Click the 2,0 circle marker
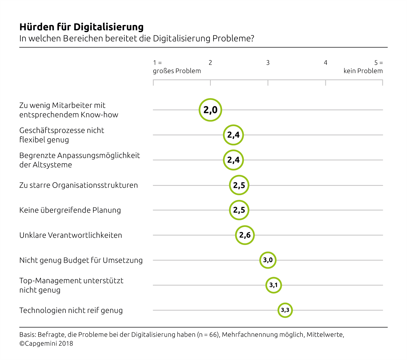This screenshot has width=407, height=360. (x=210, y=110)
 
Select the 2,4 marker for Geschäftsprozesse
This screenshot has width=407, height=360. (x=233, y=135)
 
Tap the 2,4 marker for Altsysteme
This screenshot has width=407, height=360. (x=233, y=160)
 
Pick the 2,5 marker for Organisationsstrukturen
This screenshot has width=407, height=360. (x=239, y=185)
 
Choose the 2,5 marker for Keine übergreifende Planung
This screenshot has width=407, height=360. (x=239, y=210)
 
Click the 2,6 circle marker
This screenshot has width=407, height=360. (x=245, y=235)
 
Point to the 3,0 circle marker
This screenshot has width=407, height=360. (x=268, y=260)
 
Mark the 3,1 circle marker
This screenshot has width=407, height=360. (x=273, y=285)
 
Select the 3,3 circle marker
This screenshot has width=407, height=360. (x=285, y=310)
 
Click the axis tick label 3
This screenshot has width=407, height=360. (x=268, y=63)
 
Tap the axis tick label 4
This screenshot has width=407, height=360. (x=325, y=63)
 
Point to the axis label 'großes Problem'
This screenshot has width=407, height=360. (x=177, y=71)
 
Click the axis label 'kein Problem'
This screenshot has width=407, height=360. (x=363, y=71)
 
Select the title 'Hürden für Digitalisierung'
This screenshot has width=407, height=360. (x=81, y=27)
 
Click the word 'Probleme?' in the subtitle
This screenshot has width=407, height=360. (x=233, y=39)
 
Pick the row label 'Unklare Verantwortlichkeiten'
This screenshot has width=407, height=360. (x=71, y=235)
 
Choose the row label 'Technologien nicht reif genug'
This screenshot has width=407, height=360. (x=71, y=310)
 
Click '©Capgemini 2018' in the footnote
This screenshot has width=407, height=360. (x=46, y=344)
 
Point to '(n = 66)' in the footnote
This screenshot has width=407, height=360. (x=208, y=335)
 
